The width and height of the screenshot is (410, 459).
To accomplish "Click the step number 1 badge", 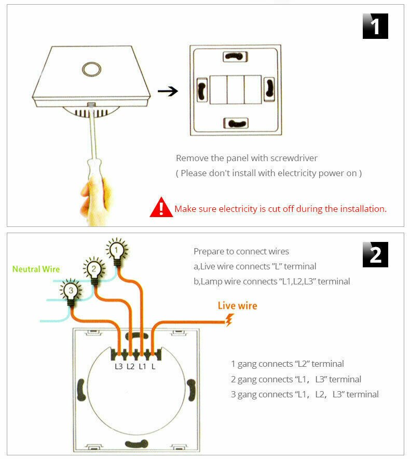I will coord(375,26).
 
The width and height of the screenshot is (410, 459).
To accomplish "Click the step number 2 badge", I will coord(375,254).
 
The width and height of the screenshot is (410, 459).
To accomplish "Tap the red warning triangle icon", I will coord(161,207).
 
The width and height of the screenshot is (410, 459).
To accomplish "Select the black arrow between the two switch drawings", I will coord(168,92).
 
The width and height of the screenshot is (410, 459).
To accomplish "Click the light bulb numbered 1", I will coord(117,251).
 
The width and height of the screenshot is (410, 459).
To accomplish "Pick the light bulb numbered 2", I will coord(93,269).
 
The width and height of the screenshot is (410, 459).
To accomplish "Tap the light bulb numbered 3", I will coord(71,290).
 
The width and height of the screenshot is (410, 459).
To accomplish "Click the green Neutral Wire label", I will coord(36,269).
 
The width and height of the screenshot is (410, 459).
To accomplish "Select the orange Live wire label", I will coord(237,306).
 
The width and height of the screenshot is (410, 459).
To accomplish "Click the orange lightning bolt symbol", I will coord(228,321).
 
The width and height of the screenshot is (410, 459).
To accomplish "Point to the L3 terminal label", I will coord(119,367).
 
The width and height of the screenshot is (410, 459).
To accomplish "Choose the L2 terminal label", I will coord(130,367).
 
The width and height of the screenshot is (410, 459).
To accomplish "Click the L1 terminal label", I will coord(142,367).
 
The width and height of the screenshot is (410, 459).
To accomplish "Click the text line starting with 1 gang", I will coord(287,364).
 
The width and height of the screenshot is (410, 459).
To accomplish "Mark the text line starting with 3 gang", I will coord(305,394).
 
